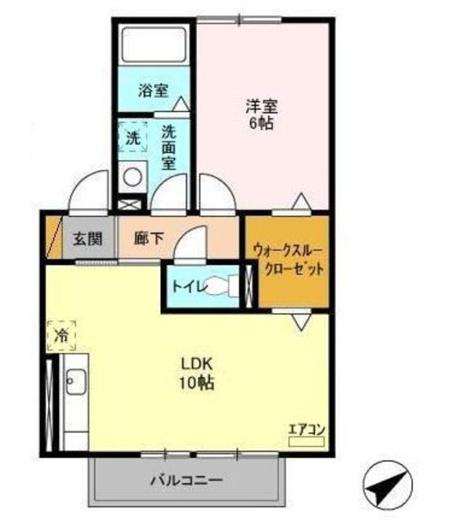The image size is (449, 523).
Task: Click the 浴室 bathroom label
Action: click(153, 91)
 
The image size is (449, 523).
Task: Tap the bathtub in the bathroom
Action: click(154, 45)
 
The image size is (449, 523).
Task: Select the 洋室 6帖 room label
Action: click(262, 114)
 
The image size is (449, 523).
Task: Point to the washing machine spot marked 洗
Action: click(132, 137)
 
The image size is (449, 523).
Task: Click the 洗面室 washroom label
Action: click(169, 148)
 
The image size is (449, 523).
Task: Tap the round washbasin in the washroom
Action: click(132, 177)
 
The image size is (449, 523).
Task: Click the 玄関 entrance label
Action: click(88, 239)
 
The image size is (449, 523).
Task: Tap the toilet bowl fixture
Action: click(221, 286)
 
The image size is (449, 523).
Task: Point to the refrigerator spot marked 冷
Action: click(61, 336)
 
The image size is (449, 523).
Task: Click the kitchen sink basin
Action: click(75, 382)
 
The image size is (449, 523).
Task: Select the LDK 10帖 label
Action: click(197, 373)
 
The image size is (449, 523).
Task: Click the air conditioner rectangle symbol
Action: click(307, 442)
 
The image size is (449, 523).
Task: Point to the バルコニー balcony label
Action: click(186, 481)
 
